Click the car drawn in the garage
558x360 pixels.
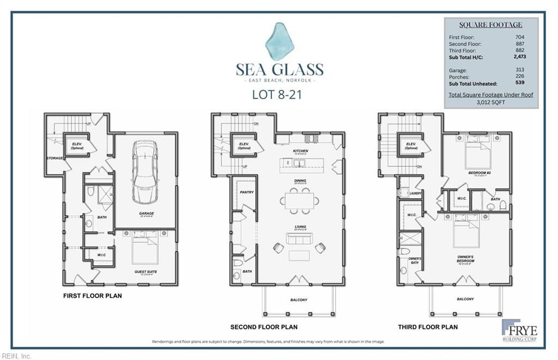coord(145,172)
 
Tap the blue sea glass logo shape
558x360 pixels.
coord(279,41)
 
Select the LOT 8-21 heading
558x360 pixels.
coord(277,94)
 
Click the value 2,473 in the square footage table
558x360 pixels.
coord(519,57)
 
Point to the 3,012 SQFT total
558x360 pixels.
coord(490,102)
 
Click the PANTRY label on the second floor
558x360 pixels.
coord(247,192)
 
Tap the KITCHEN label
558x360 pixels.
coord(300,151)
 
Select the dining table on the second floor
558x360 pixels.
coord(300,201)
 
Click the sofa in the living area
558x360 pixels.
coord(299,238)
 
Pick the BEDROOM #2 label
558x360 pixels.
coord(477,173)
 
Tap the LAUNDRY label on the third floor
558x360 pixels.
coord(416,193)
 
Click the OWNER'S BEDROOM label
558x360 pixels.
coord(465,258)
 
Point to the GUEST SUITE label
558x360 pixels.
coord(145,271)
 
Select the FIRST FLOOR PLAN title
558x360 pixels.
coord(93,296)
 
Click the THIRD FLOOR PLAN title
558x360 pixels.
coord(428,327)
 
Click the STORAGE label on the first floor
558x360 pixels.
coord(54,158)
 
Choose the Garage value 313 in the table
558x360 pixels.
coord(519,70)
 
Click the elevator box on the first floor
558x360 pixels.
coord(77,144)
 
